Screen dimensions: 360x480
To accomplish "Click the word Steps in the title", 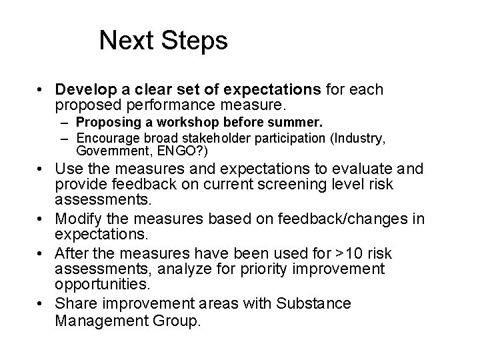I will [197, 41].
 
